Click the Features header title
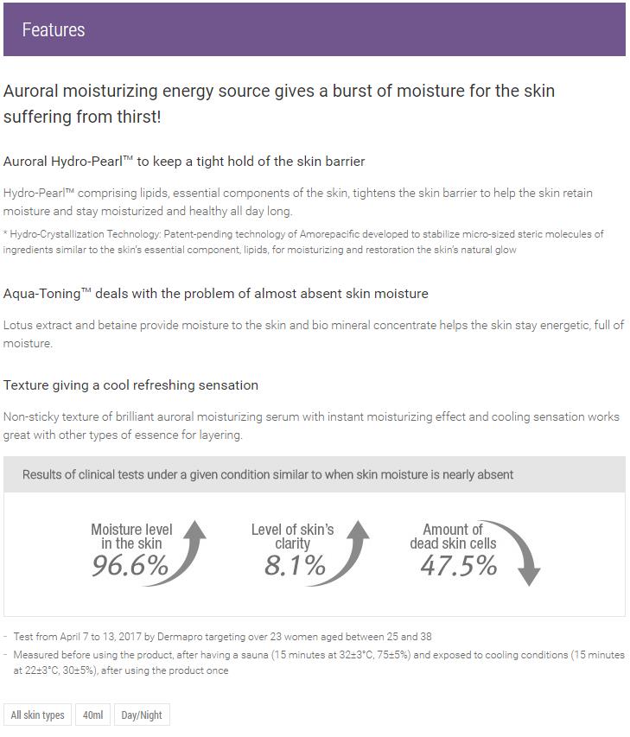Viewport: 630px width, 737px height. click(x=54, y=30)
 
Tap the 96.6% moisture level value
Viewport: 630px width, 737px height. click(x=130, y=566)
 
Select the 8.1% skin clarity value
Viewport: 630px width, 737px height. click(x=295, y=566)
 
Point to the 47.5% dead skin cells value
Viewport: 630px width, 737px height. click(x=459, y=566)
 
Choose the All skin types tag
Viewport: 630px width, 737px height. click(x=37, y=715)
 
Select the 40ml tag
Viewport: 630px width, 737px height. click(x=93, y=715)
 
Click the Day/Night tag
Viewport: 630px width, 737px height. click(x=142, y=715)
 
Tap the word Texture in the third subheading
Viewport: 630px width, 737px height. click(x=27, y=385)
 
